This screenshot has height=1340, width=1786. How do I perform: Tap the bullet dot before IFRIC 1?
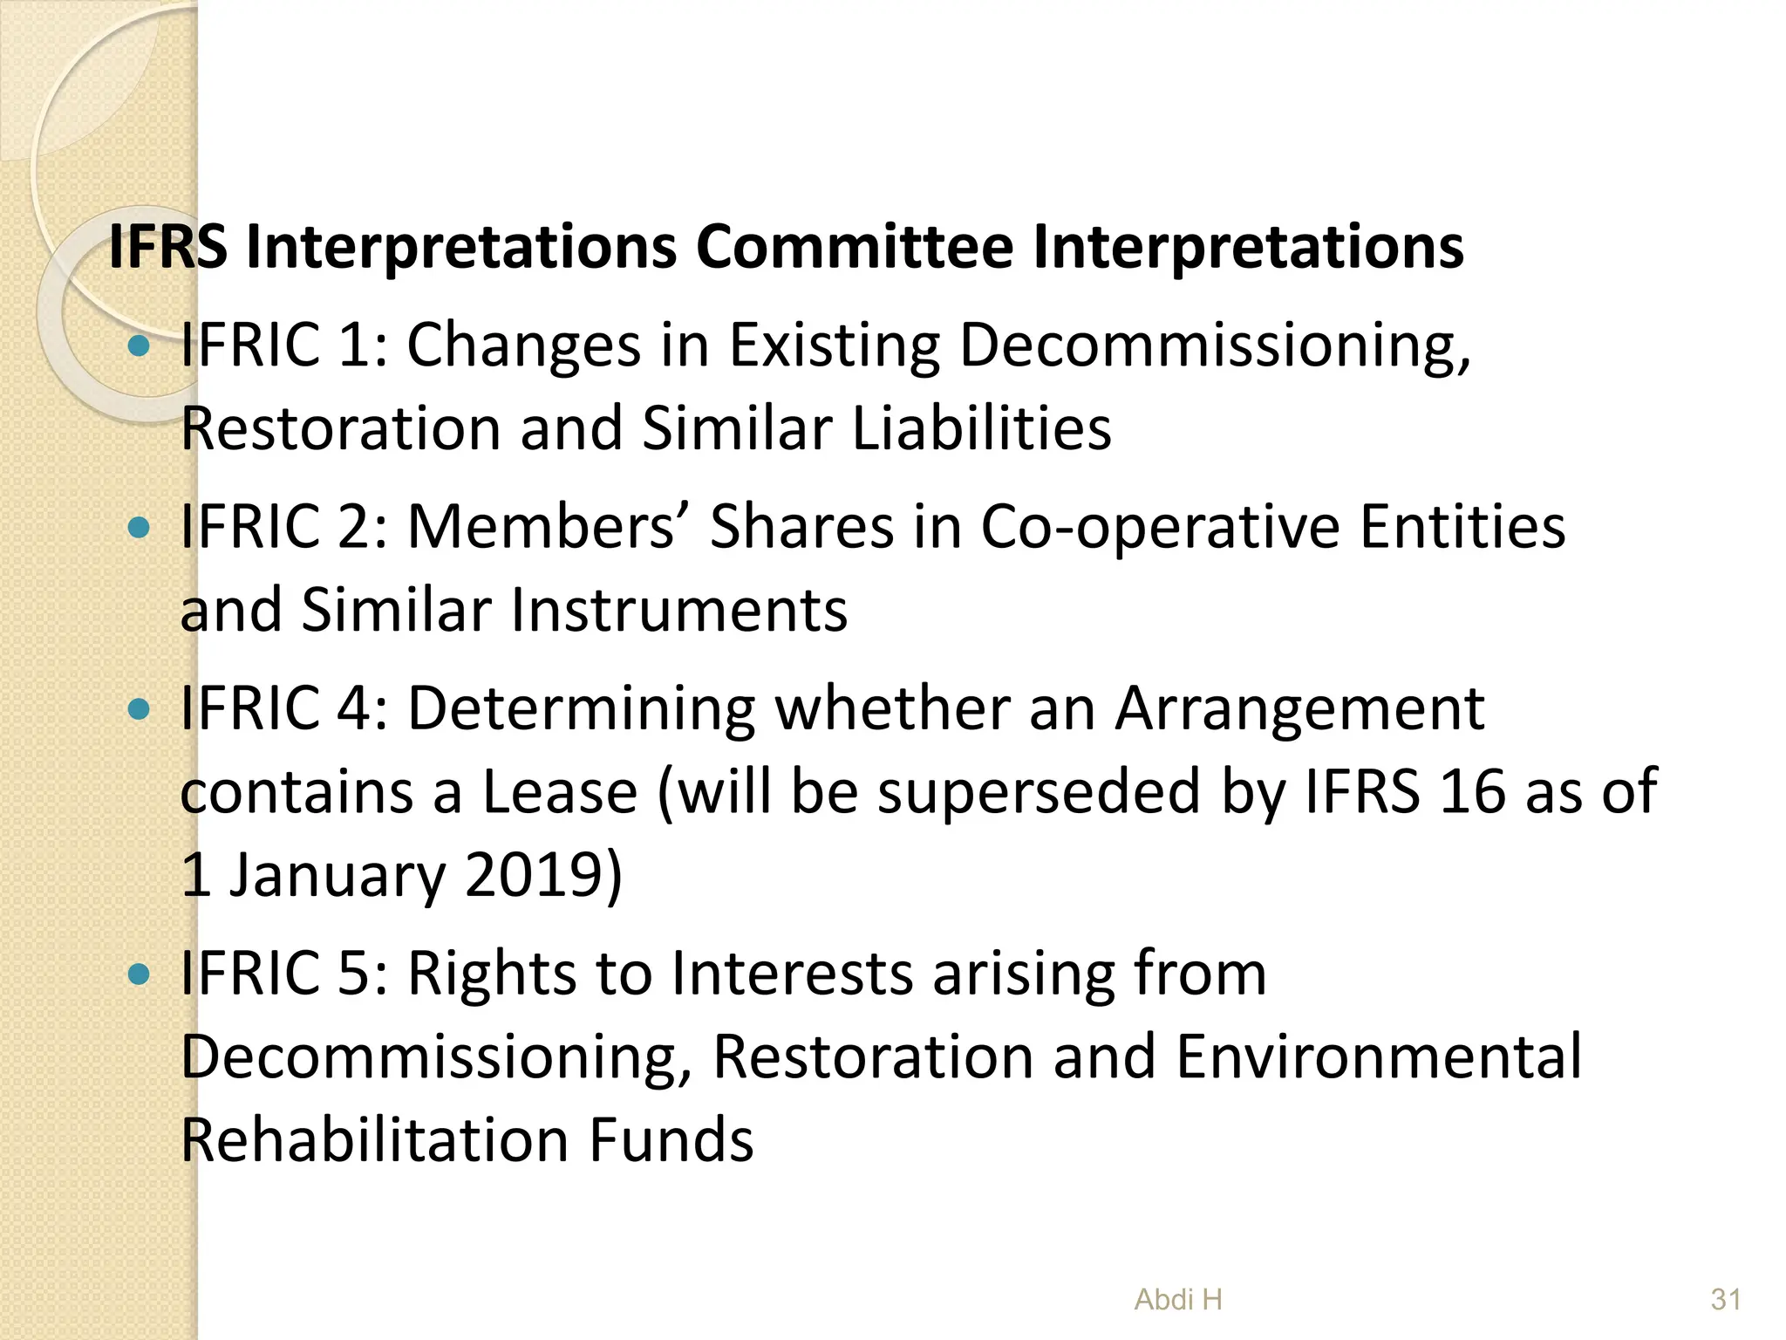point(139,346)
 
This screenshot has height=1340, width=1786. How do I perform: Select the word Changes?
point(524,346)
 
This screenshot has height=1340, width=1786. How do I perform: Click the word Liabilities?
point(981,428)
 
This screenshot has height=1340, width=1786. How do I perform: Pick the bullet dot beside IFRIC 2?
point(139,527)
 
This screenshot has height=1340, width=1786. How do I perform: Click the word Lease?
point(560,792)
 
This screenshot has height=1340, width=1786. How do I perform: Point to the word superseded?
point(1039,792)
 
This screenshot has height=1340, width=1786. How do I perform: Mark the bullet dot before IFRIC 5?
point(139,974)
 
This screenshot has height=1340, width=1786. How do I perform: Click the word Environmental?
point(1378,1057)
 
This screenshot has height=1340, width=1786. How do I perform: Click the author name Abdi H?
point(1178,1300)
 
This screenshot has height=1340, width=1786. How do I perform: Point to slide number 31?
point(1726,1300)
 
